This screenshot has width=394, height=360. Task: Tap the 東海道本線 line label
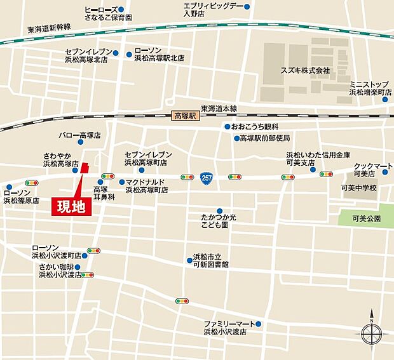219,108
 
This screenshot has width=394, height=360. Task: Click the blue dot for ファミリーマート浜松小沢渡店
259,324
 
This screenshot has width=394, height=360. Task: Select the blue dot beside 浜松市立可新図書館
189,259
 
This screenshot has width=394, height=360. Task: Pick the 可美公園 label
368,218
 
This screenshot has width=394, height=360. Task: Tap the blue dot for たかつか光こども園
219,211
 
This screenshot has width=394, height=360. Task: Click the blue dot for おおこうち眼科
226,127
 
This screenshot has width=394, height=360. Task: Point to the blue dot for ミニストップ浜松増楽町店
386,98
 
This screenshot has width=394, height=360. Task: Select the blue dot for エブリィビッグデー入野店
247,7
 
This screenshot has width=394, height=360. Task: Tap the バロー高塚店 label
81,135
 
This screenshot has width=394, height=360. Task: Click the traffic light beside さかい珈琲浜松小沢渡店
87,275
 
